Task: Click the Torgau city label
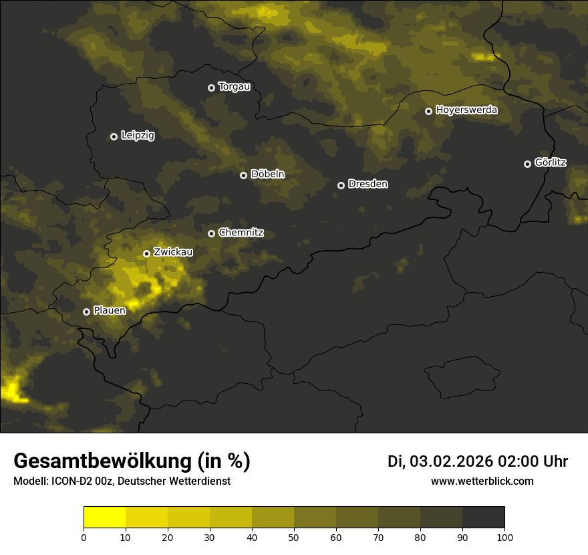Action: pos(234,87)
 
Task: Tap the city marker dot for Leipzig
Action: pos(114,136)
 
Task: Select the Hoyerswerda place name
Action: pos(466,110)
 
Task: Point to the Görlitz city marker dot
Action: pos(527,164)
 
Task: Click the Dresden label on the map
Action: pos(367,184)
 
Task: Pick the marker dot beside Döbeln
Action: pos(243,175)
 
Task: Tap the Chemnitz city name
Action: pos(241,233)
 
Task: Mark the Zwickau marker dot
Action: pos(146,253)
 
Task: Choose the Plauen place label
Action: pos(110,311)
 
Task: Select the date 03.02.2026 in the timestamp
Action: pos(451,461)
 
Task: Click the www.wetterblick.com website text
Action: pos(482,481)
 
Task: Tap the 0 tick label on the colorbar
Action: pos(84,537)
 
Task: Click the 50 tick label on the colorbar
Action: pos(294,537)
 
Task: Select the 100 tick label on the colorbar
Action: pos(504,537)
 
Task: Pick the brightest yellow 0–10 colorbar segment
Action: pos(104,518)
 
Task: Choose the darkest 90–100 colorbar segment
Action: pos(483,518)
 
